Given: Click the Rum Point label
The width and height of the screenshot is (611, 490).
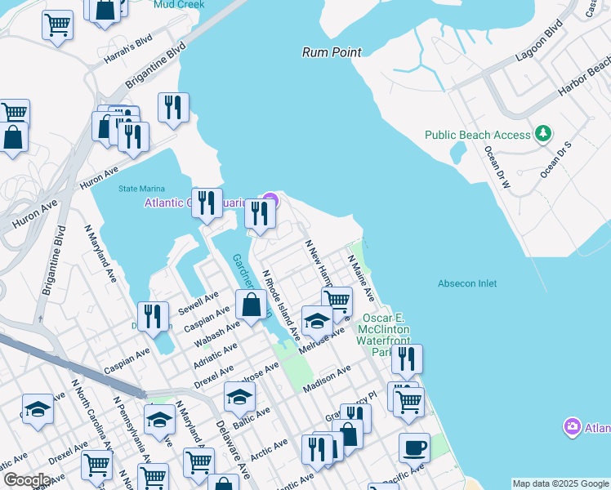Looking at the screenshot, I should [332, 52].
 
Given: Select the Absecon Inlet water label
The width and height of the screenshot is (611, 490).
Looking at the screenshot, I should [467, 283].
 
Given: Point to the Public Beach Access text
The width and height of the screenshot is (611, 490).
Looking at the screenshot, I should [477, 135].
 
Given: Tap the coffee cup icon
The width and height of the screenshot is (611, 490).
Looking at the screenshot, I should [414, 448].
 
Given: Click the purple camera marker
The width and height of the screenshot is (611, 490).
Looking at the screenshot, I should [573, 427].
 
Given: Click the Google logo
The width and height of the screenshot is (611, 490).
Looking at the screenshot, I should [27, 480].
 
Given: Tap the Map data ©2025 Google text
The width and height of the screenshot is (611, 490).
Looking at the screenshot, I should [560, 483].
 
